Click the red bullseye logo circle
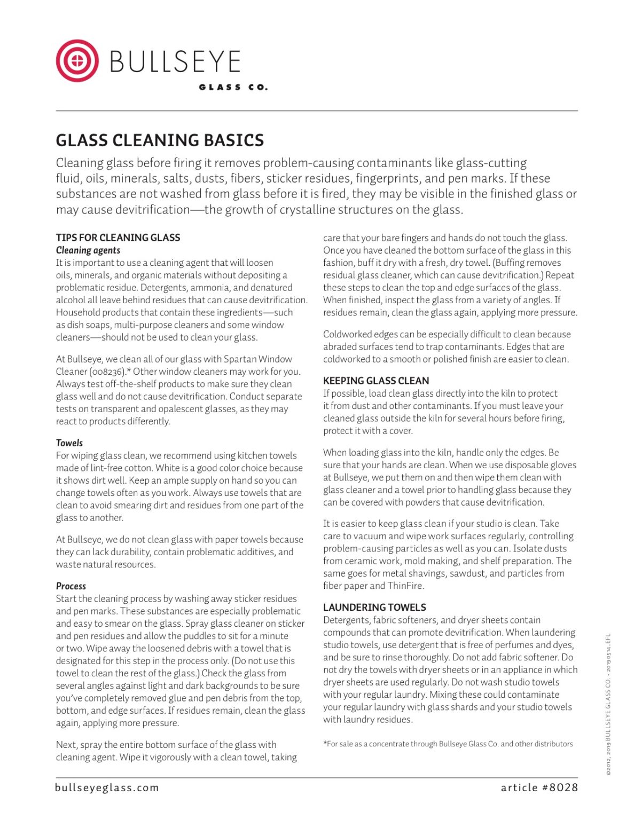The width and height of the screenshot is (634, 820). pos(77,60)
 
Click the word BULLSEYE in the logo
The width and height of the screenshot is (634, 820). pos(175,62)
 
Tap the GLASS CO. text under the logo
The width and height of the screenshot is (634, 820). pos(233,87)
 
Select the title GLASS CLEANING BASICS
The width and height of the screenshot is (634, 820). pos(160,140)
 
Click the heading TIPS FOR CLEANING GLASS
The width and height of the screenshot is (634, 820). pos(118,238)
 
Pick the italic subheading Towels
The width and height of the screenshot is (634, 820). pos(69,443)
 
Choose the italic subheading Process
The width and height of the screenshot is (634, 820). pos(71,586)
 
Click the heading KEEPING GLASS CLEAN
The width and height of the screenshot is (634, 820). pos(376,381)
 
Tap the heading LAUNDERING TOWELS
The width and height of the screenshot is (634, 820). pos(374,607)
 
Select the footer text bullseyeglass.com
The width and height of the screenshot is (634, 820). pos(107,787)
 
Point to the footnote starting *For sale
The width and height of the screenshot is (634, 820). pos(448,744)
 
